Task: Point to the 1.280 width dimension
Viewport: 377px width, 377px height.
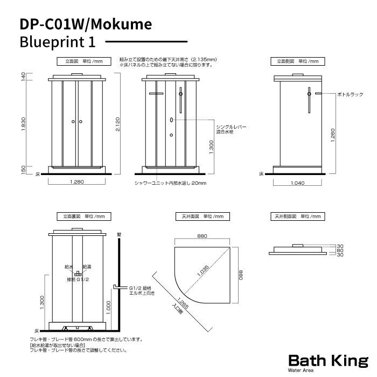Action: click(x=77, y=182)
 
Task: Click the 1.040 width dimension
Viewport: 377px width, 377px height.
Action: click(x=300, y=183)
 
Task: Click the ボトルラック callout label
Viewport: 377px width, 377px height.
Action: click(x=350, y=94)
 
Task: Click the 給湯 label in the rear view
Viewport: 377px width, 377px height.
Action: click(x=87, y=266)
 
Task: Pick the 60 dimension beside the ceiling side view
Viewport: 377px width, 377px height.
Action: click(x=340, y=250)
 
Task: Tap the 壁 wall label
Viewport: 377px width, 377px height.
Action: click(x=118, y=235)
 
